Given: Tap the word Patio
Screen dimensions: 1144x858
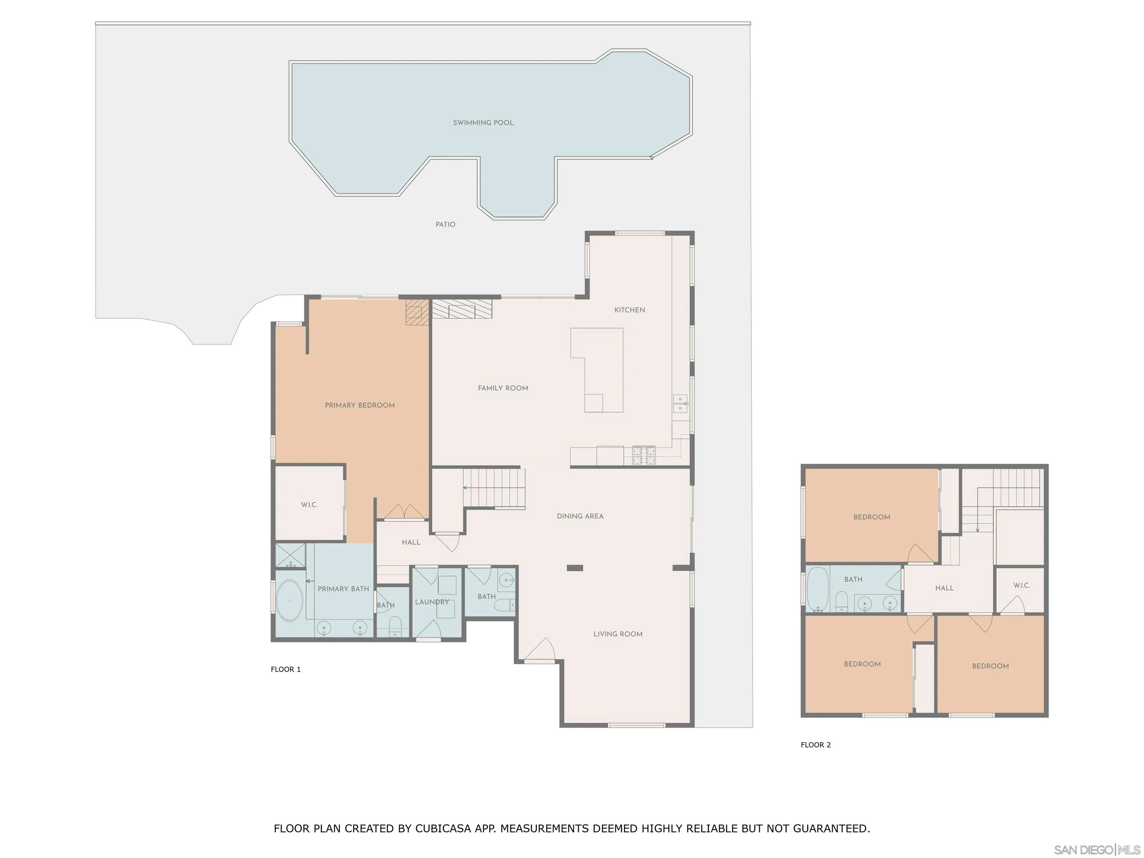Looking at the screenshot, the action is tap(445, 225).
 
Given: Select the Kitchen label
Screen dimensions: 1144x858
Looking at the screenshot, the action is tap(629, 310).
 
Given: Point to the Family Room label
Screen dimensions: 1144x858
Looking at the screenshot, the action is tap(503, 388).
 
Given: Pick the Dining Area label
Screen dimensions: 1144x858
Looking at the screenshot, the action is tap(580, 516).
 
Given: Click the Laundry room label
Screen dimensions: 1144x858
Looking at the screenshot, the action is tap(432, 602).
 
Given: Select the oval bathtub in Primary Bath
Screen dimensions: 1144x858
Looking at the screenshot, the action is tap(290, 600).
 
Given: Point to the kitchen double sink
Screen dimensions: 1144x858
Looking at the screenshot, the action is tap(680, 403).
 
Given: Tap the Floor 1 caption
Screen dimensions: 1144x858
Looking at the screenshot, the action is tap(286, 669).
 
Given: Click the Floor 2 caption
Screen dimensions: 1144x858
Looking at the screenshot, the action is tap(816, 745).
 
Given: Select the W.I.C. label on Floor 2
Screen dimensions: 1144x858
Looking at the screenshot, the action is tap(1021, 585).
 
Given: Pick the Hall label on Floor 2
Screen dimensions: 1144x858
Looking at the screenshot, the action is tap(944, 588).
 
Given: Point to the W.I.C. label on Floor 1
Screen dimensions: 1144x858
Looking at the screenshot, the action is tap(309, 505).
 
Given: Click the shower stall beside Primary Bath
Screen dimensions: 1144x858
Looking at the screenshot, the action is tap(290, 556).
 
